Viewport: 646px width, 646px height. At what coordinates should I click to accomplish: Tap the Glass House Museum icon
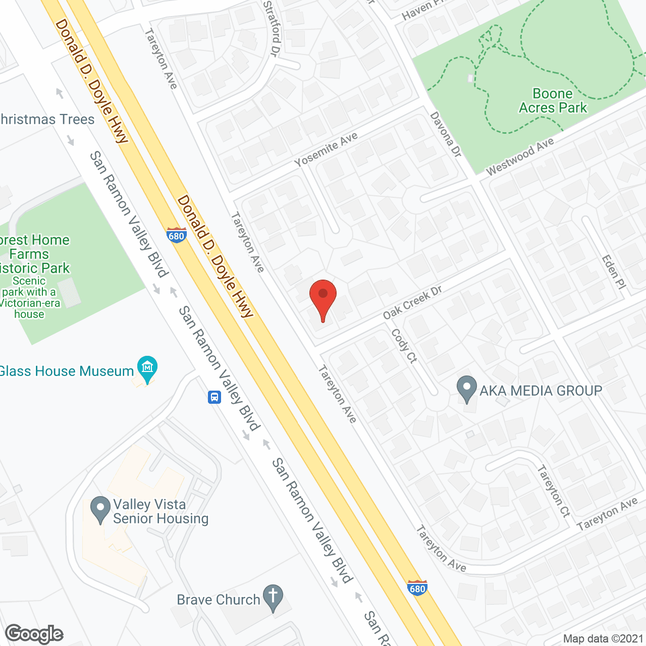147,368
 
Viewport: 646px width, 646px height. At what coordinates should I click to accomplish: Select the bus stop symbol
214,397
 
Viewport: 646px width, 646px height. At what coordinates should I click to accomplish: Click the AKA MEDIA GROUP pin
467,389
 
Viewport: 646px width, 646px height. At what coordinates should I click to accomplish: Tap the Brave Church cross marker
273,598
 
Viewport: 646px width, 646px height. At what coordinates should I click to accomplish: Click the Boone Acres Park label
553,101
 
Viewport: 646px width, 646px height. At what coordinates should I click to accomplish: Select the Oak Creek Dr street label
412,302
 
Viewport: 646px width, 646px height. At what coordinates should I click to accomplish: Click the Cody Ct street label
404,346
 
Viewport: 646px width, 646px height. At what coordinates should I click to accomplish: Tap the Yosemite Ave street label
326,149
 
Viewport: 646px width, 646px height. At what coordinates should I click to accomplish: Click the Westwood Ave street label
520,157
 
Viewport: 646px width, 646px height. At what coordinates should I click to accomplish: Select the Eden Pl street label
614,272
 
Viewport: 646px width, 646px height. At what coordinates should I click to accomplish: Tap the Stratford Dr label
272,28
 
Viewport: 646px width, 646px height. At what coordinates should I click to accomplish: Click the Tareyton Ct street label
553,491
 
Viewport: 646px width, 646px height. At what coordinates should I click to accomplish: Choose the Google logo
34,634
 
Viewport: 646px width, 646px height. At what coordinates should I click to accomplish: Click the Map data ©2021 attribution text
603,639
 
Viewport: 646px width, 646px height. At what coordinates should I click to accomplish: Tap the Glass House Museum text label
67,371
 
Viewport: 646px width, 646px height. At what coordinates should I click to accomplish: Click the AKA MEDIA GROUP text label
541,391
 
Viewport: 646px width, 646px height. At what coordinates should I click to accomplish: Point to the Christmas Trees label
47,120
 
